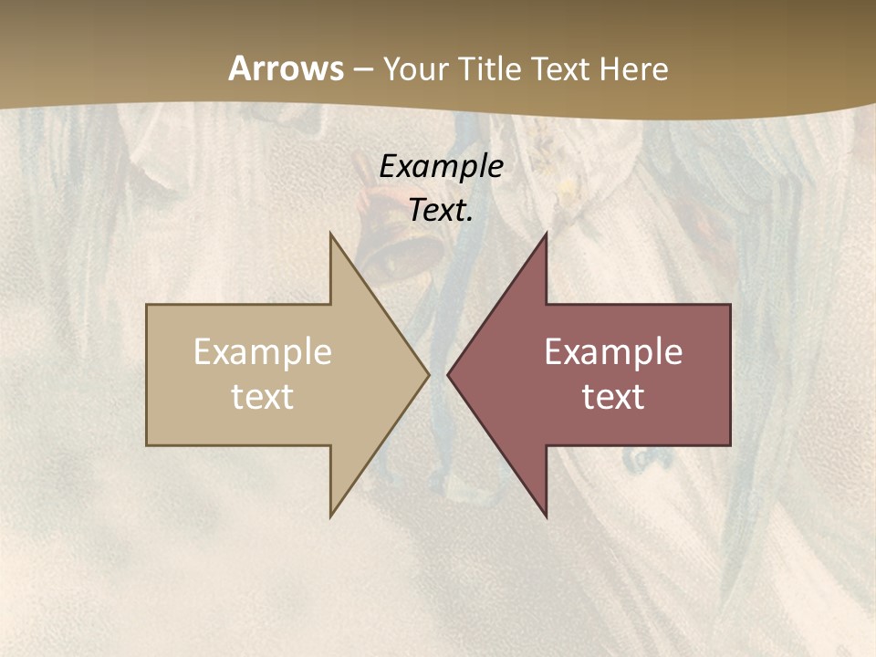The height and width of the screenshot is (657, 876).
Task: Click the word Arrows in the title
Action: tap(286, 68)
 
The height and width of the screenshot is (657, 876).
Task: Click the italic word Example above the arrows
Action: tap(442, 166)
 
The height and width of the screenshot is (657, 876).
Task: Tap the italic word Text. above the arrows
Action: tap(442, 210)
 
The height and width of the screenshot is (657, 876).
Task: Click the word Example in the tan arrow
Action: tap(263, 352)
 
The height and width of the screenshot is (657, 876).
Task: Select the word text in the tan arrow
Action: tap(263, 397)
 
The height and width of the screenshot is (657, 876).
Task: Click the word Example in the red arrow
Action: tap(613, 352)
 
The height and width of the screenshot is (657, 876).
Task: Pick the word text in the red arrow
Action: tap(613, 397)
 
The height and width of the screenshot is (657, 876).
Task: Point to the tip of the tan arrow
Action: tap(426, 375)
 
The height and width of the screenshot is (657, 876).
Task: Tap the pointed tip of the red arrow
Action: tap(450, 375)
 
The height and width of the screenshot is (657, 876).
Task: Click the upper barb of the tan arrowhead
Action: tap(332, 239)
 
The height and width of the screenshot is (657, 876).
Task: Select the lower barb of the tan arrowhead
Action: tap(332, 512)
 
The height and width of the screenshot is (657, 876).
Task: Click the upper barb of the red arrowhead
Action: tap(544, 239)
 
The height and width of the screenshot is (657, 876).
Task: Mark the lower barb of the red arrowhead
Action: tap(544, 512)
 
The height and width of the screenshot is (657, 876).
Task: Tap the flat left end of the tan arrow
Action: tap(149, 375)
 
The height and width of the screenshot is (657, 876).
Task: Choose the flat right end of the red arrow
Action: tap(728, 375)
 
